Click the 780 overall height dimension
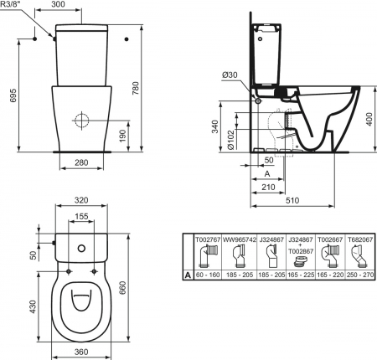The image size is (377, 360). tap(136, 88)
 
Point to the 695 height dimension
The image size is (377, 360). tap(13, 95)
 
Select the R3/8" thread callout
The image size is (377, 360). tap(9, 4)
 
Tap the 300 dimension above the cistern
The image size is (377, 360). tap(59, 4)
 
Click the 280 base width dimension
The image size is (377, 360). tap(81, 162)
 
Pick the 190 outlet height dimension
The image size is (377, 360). tap(123, 136)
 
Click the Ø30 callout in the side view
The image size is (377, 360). tap(230, 75)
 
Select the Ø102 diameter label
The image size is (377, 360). tap(230, 140)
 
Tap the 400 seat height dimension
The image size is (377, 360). tap(369, 119)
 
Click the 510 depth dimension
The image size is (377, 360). tap(292, 200)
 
